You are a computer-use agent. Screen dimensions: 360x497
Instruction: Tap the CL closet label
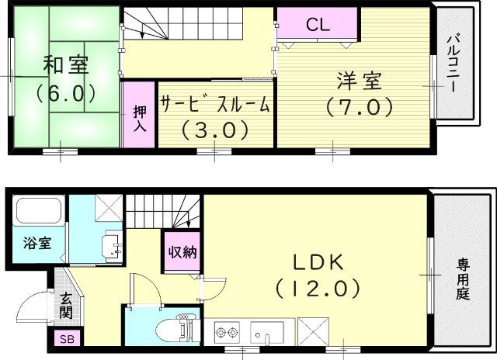[317, 24]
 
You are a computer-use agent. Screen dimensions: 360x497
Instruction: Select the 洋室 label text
[358, 80]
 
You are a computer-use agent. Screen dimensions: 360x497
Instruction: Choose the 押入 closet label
[140, 116]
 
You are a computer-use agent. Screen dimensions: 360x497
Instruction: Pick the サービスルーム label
[216, 103]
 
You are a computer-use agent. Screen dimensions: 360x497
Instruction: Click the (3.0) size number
[215, 129]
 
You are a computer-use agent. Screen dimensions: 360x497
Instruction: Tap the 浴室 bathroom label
[36, 243]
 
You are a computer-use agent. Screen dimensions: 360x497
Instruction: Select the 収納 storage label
[181, 251]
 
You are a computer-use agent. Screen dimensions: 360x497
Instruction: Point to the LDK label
[317, 261]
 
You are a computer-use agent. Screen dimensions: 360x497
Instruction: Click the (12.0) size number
[317, 289]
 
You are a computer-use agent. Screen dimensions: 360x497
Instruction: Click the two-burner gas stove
[225, 333]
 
